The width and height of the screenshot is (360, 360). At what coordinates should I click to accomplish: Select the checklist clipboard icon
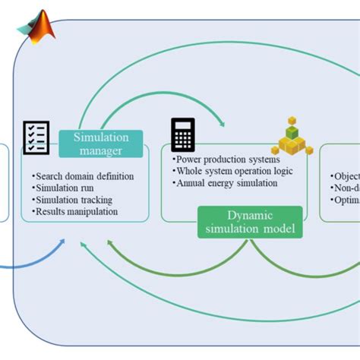(36, 137)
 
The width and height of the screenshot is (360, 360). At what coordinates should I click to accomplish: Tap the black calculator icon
(183, 134)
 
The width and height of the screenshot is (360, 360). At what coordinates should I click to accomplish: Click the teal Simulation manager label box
(100, 144)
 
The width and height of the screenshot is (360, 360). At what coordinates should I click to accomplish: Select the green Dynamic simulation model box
(250, 222)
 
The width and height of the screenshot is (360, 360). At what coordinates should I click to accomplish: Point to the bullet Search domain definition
(83, 176)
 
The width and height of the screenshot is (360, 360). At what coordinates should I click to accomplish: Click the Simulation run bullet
(67, 188)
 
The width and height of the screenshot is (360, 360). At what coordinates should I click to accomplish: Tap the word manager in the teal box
(100, 150)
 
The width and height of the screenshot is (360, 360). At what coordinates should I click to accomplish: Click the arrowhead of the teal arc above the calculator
(221, 123)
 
